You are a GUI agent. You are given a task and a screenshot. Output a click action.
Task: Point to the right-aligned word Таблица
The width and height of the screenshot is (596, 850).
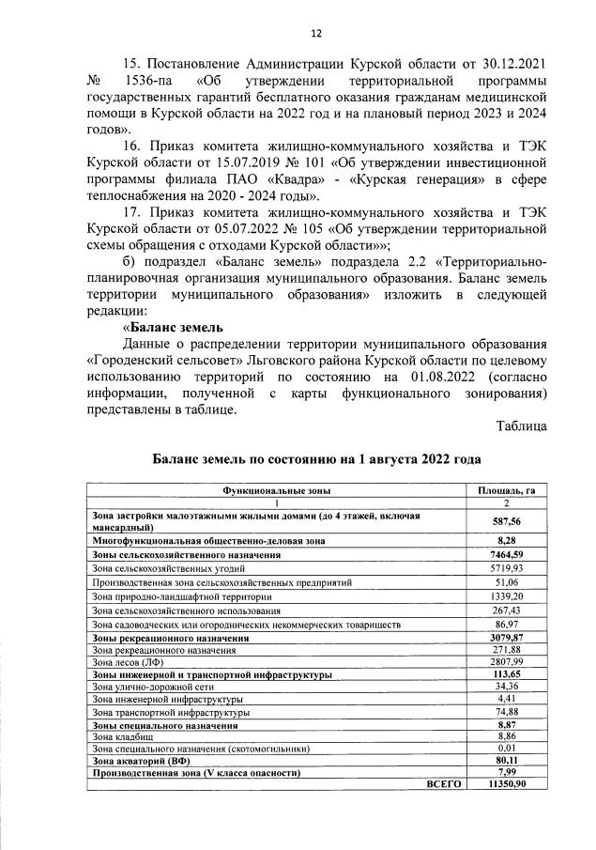point(522,425)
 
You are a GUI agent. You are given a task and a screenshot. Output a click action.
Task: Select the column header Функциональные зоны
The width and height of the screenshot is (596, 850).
point(276,490)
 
